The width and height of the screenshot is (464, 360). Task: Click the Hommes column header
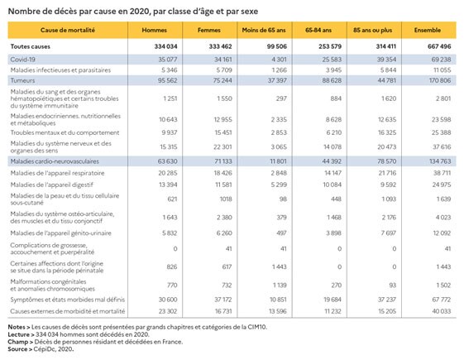[154, 30]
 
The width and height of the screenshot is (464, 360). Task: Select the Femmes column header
[209, 30]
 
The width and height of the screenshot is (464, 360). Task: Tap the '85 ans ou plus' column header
[372, 30]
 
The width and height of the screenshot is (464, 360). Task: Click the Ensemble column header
[428, 30]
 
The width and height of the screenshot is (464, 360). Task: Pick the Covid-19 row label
[23, 60]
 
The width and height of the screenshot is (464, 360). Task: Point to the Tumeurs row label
[22, 80]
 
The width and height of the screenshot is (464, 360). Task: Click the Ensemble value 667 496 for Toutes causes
[439, 46]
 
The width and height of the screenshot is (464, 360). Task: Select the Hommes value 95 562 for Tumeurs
[168, 80]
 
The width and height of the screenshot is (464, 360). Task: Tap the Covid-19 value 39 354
[386, 60]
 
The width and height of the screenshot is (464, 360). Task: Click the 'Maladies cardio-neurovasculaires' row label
[55, 161]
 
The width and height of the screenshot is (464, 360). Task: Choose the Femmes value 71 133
[222, 161]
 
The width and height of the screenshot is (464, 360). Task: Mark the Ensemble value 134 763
[440, 161]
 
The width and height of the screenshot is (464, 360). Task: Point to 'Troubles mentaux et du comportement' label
[65, 132]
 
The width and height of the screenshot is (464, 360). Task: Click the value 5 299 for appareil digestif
[279, 185]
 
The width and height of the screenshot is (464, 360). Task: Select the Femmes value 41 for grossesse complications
[229, 248]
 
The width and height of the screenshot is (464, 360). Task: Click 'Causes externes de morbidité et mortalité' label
[68, 311]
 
